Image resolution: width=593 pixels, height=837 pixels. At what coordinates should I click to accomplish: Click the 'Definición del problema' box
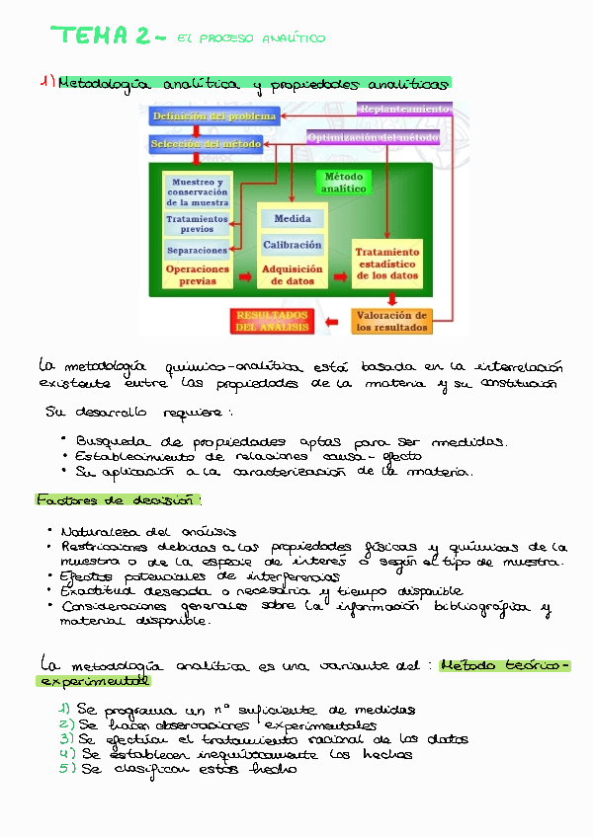coord(213,116)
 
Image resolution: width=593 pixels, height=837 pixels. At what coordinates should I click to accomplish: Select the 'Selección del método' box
coord(206,144)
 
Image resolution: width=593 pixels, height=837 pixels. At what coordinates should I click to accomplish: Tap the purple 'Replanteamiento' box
coord(404,109)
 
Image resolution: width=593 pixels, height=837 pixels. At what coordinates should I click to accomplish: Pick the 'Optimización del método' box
coord(374,138)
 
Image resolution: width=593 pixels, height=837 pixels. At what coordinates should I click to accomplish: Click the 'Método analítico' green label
coord(343,183)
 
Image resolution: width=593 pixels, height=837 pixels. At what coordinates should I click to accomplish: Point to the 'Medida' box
coord(292,218)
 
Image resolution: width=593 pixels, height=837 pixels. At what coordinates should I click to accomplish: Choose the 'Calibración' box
coord(292,244)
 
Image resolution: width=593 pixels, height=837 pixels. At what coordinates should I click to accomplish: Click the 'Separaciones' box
coord(197,251)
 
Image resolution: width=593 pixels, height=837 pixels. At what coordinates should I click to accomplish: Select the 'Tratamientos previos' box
coord(197,224)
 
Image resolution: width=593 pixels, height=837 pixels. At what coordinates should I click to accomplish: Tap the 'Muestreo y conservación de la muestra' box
coord(197,192)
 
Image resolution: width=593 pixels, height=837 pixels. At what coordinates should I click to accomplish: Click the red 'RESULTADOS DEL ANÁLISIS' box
coord(272,321)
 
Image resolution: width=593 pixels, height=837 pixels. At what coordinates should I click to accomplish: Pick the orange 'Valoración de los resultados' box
coord(391,321)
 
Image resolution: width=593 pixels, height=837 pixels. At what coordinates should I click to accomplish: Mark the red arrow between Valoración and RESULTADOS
coord(333,320)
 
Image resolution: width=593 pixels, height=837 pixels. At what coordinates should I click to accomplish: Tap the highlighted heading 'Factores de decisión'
coord(117,499)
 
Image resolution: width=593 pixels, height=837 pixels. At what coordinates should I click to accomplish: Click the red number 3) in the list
coord(66,738)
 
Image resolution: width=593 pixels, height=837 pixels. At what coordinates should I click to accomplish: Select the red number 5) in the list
coord(66,769)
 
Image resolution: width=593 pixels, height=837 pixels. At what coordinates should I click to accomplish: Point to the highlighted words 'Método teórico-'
coord(505,666)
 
